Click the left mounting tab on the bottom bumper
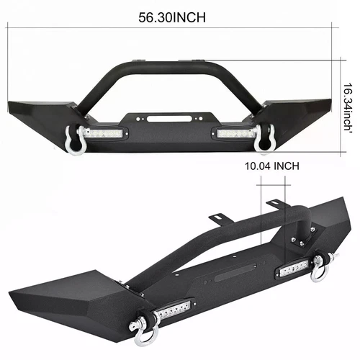pyautogui.click(x=215, y=217)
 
